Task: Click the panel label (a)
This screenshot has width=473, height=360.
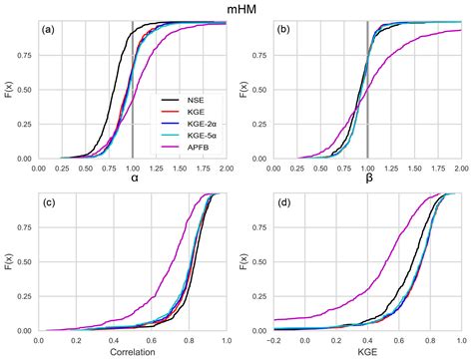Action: point(47,30)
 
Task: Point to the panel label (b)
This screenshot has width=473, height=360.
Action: point(283,30)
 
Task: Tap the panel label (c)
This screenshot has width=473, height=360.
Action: point(47,203)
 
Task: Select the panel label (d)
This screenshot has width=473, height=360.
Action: point(283,203)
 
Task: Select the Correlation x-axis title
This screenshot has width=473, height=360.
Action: point(133,353)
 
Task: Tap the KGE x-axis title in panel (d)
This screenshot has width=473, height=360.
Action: point(368,353)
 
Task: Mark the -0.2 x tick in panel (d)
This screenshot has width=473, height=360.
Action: point(274,341)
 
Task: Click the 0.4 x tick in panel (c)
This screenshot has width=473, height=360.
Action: point(113,341)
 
